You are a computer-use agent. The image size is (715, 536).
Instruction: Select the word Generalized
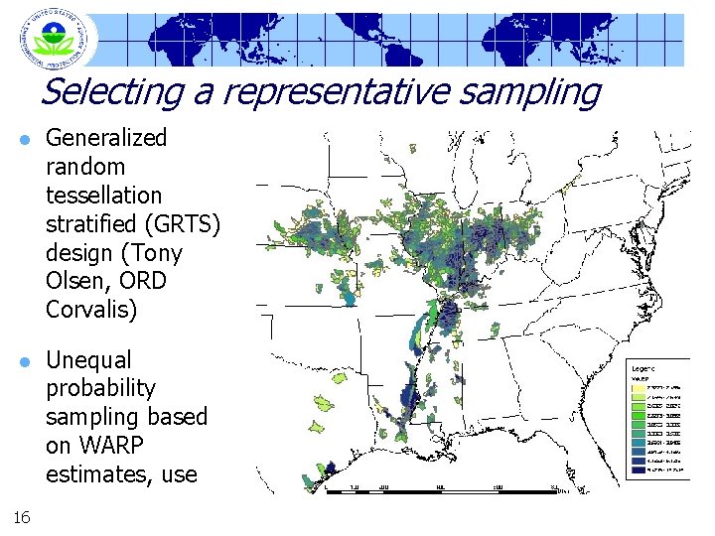(106, 137)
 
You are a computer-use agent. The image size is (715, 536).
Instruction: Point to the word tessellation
(103, 195)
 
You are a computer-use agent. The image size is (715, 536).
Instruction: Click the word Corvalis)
(91, 310)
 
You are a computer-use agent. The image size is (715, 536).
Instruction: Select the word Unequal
(88, 358)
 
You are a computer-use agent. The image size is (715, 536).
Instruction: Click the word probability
(100, 387)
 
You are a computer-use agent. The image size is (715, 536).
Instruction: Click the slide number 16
(23, 515)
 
